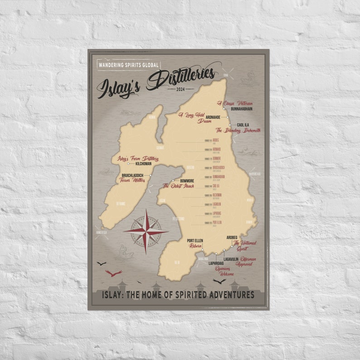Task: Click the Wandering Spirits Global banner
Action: (x=129, y=64)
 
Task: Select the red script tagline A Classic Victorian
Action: (x=234, y=103)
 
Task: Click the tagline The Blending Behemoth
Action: (x=238, y=131)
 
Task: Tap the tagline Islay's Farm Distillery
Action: (x=138, y=159)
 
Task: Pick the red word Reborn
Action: (x=195, y=246)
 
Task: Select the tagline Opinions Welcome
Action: (x=224, y=271)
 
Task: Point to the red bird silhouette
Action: (x=113, y=273)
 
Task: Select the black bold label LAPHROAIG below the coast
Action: (x=217, y=263)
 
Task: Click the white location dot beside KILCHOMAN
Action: (x=128, y=164)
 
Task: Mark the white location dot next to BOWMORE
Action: (x=173, y=180)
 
